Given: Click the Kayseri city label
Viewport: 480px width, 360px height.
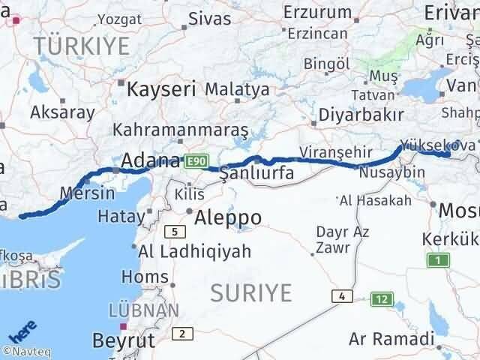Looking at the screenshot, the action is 162,88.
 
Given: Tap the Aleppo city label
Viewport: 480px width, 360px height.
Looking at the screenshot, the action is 228,218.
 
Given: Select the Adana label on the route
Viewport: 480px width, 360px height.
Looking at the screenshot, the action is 151,160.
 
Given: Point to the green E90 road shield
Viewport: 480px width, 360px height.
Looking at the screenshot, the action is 196,160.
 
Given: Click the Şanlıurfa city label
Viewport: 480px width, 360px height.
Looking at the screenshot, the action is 256,174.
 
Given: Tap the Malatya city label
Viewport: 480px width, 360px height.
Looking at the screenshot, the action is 237,89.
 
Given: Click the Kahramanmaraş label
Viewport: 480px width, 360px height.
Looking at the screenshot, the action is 181,130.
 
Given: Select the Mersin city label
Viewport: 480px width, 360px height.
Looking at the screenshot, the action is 89,192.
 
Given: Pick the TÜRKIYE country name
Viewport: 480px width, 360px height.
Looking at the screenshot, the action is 82,46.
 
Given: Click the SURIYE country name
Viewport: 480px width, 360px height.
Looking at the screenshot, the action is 250,292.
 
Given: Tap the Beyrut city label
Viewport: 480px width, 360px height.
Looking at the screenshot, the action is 123,340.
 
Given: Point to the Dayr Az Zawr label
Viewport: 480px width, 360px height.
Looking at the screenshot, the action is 342,239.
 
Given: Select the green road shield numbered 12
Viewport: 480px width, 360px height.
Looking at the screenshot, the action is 382,299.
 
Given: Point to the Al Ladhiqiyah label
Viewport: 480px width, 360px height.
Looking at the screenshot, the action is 195,252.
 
